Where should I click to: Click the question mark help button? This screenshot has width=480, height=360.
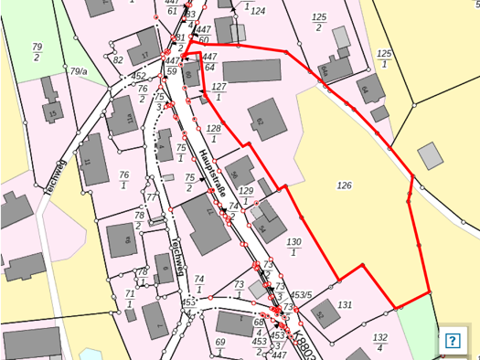[452, 340]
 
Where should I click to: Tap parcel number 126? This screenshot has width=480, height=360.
[344, 185]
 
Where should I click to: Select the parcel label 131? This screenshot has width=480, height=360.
[345, 304]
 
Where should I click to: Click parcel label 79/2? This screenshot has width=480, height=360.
[37, 52]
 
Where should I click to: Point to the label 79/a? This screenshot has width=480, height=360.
[78, 70]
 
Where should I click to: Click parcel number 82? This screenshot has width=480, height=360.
[119, 60]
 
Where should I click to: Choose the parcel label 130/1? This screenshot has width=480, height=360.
[293, 247]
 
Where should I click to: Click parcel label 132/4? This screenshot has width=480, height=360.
[380, 342]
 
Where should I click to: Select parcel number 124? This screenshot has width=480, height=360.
[258, 11]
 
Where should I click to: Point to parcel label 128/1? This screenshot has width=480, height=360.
[214, 133]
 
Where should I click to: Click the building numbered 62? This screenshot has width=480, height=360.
[261, 121]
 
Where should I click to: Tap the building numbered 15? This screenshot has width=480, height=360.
[53, 113]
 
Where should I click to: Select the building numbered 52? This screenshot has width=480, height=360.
[322, 312]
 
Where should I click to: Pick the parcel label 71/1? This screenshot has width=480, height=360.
[130, 299]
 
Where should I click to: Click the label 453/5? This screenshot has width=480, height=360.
[302, 294]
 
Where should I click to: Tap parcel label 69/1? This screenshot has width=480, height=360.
[220, 347]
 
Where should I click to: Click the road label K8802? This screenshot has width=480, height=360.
[306, 345]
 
